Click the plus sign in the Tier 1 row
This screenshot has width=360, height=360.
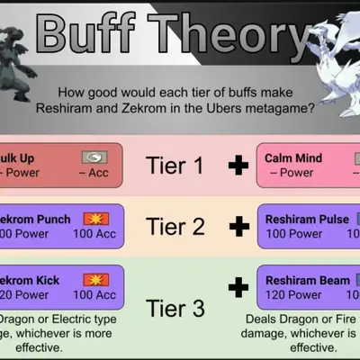[x=238, y=166]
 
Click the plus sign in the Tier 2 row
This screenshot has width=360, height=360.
[x=238, y=226]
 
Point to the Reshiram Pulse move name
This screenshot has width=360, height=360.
[x=307, y=219]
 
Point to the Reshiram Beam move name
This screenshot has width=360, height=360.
[x=307, y=280]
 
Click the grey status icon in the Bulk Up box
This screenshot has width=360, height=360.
[x=93, y=157]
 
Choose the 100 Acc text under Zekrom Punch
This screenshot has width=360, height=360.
[x=95, y=234]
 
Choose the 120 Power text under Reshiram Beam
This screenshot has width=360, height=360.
[x=294, y=295]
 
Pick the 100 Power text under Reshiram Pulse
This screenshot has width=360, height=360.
[x=294, y=234]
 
